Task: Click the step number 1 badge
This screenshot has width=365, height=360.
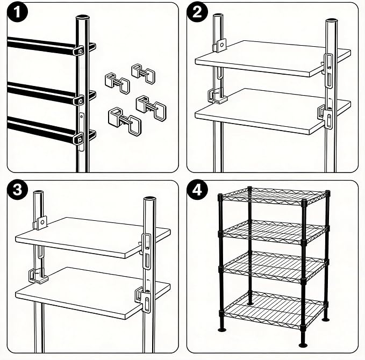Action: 17,12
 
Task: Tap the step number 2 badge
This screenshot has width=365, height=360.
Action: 197,12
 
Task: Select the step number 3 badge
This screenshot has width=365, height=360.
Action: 17,190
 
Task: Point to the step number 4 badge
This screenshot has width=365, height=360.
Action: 197,190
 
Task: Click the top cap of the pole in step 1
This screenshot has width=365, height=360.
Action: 83,17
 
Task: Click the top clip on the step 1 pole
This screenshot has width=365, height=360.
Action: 78,51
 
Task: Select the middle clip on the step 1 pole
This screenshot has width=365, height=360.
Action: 79,100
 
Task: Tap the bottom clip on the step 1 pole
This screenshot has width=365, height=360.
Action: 78,139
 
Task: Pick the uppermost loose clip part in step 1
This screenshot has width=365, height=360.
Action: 143,73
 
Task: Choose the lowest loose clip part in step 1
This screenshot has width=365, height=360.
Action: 125,121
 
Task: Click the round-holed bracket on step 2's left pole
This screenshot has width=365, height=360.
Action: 219,45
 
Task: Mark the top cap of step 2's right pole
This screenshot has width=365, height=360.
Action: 332,21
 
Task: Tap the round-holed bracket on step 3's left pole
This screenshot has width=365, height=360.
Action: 40,222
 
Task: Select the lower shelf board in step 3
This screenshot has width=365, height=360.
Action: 92,293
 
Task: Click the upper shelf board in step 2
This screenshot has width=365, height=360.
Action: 273,59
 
